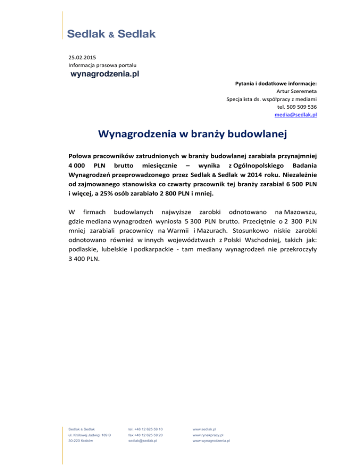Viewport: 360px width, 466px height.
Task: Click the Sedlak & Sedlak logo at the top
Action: pos(112,34)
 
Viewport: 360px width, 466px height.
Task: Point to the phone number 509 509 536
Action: pos(302,106)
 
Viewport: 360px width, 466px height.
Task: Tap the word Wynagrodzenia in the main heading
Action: pos(139,135)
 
